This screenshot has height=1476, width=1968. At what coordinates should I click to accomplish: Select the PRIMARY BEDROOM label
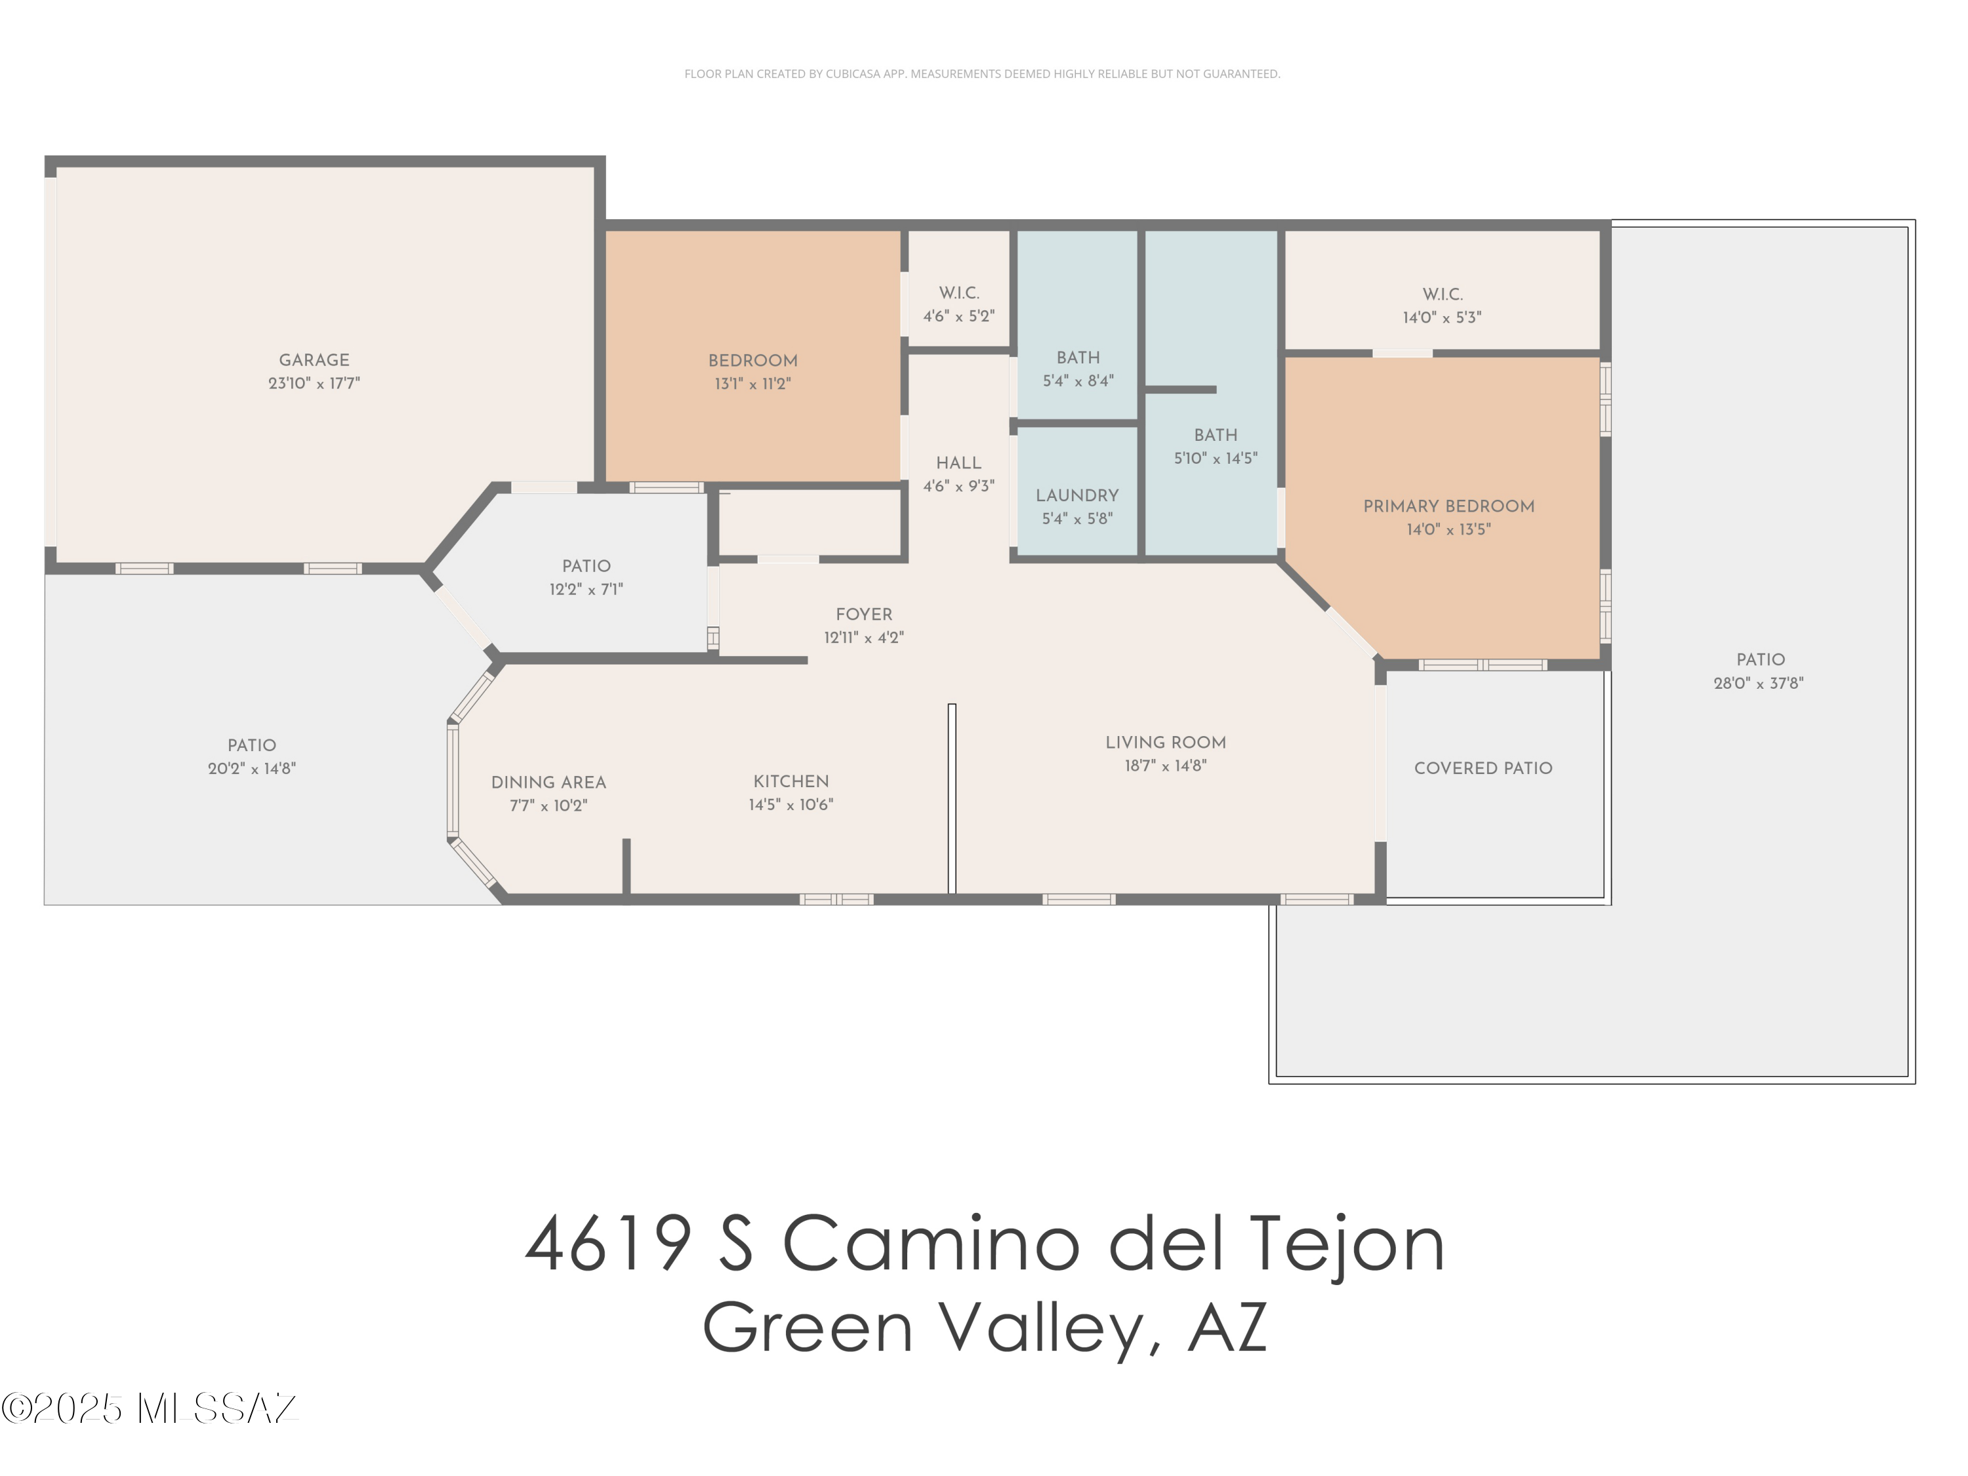[x=1448, y=506]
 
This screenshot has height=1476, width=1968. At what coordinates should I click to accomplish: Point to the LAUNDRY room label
[x=1076, y=495]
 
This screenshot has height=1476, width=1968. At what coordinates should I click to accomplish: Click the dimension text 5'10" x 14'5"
[x=1216, y=458]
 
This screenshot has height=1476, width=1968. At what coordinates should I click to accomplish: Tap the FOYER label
[x=863, y=614]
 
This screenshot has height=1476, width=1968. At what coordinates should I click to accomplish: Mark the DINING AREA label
[x=548, y=782]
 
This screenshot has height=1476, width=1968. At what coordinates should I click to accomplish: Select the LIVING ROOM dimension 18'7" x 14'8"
[x=1166, y=765]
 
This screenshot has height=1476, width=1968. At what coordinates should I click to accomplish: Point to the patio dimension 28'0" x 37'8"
[x=1758, y=684]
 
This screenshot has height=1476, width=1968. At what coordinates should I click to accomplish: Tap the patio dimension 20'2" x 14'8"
[x=252, y=769]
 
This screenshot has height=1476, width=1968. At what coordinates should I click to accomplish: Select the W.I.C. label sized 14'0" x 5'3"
[x=1441, y=294]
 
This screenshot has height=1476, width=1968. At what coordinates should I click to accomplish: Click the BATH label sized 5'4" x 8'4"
[x=1077, y=357]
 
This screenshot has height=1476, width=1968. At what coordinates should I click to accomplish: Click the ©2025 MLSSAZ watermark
[x=150, y=1408]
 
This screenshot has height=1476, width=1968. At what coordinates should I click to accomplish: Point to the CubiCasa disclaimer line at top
[x=981, y=74]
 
